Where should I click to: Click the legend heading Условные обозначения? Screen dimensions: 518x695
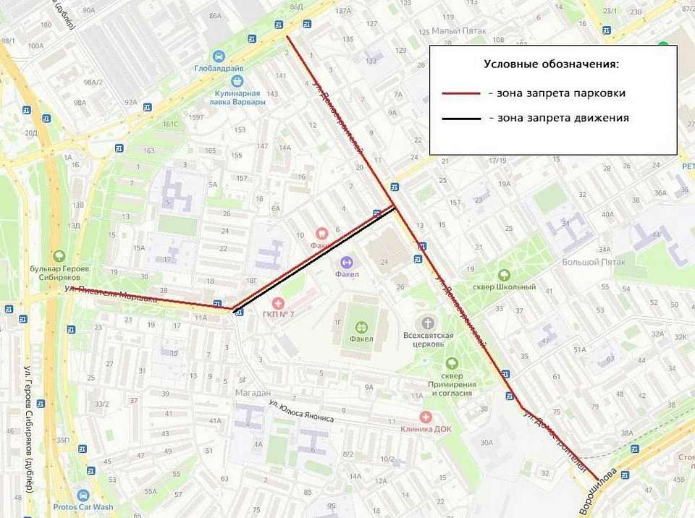click(551, 64)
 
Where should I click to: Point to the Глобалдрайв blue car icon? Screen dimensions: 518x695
click(219, 56)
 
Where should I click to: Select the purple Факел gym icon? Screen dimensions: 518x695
click(346, 262)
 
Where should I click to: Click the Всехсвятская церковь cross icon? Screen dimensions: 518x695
click(428, 322)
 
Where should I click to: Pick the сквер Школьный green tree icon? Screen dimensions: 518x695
click(504, 275)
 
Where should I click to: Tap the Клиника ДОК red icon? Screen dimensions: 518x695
click(426, 417)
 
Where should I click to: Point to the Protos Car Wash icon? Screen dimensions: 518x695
click(83, 496)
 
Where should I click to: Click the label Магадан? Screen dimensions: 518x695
click(253, 391)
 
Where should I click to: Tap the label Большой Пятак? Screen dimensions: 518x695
click(587, 261)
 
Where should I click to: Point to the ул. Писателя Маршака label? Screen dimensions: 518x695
click(110, 294)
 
